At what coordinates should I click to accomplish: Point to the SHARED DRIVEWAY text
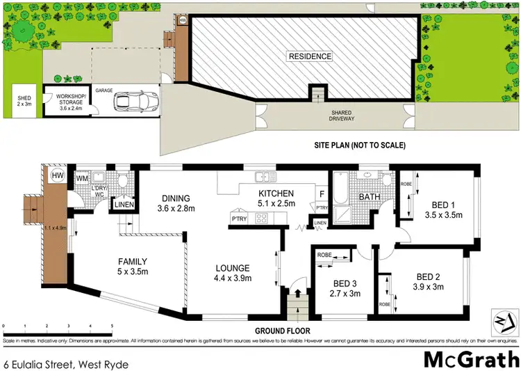[x=342, y=116]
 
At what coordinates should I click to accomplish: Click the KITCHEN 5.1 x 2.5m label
[x=276, y=198]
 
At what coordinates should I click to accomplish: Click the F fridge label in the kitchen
[x=322, y=194]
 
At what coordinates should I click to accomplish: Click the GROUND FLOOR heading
[x=282, y=331]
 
